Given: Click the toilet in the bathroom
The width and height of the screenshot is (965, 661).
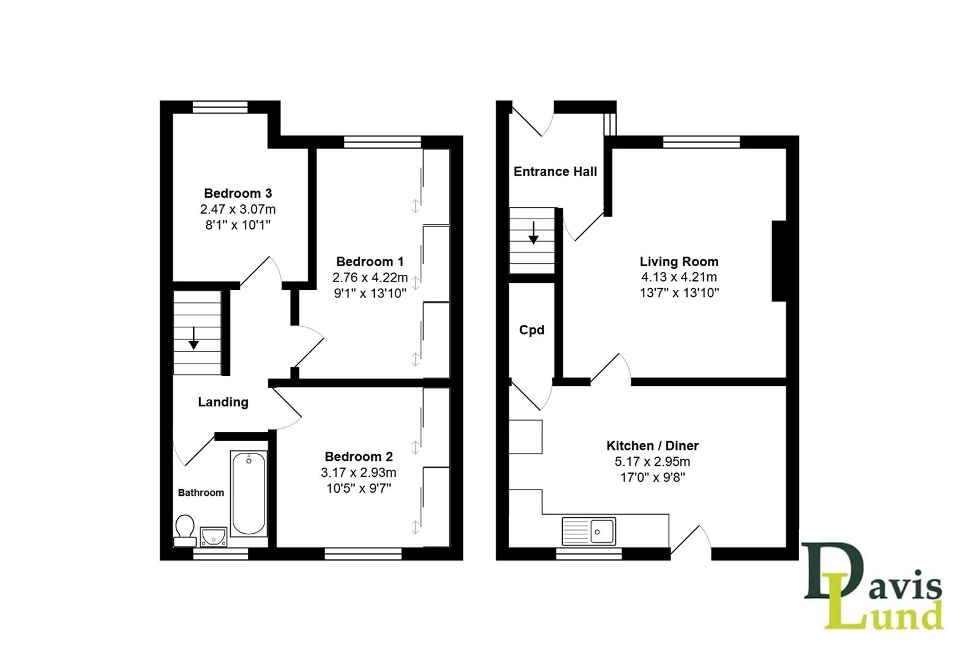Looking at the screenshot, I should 184,530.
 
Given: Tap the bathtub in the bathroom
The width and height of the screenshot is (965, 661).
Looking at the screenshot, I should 249,493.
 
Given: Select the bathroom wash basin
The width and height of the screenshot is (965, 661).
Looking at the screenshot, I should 213,537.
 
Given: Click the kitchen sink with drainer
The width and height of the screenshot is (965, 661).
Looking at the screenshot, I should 588,531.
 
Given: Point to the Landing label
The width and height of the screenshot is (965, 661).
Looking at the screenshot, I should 223,402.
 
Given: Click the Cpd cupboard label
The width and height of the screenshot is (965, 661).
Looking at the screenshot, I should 531,330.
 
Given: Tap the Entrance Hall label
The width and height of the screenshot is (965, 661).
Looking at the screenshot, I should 555,171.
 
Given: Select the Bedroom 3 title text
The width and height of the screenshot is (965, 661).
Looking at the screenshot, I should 238,193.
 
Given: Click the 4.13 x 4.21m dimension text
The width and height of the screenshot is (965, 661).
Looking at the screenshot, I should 679,277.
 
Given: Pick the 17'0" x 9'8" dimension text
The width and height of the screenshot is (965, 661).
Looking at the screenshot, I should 652,477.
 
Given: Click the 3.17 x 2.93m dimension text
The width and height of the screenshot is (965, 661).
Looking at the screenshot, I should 358,472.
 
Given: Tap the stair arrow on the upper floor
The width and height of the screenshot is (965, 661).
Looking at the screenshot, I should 193,338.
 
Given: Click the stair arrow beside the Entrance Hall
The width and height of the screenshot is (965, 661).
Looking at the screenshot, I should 533,233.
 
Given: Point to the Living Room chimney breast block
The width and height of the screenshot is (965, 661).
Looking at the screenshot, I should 779,261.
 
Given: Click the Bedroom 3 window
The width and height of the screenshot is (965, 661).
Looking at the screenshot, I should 220,107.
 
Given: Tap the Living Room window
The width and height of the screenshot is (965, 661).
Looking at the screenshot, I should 701,142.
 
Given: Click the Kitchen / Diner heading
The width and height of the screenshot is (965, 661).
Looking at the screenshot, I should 652,446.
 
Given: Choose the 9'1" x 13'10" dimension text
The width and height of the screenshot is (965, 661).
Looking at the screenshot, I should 370,293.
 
